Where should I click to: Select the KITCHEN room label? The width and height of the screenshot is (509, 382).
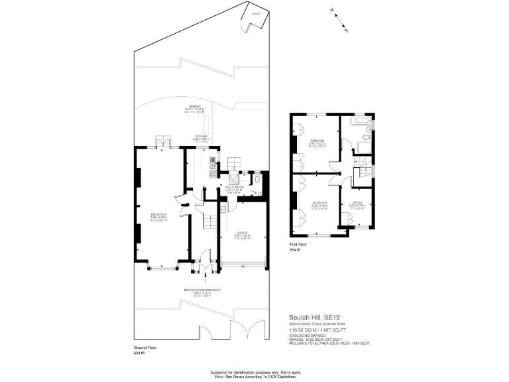(x=201, y=139)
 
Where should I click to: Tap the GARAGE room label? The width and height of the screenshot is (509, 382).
(x=241, y=233)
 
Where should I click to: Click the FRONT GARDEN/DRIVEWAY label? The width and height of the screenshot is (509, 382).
(x=202, y=291)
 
